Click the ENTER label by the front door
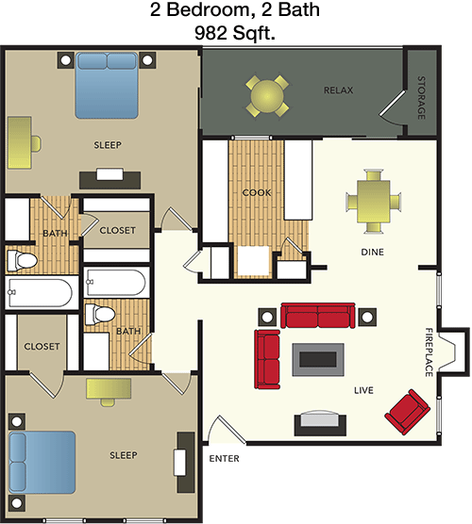[224, 458]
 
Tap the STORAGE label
[421, 98]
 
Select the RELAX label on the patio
[338, 90]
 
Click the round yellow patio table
[267, 96]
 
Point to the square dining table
[373, 202]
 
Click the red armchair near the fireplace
[407, 412]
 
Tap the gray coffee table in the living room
[318, 359]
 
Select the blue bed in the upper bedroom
[107, 85]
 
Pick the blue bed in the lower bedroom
[42, 462]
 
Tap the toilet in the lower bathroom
[100, 314]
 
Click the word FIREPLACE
[429, 352]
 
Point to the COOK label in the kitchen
[257, 192]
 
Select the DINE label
[372, 252]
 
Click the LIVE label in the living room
[363, 390]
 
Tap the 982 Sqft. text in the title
[235, 33]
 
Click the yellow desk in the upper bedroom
[20, 142]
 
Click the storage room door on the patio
[394, 106]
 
